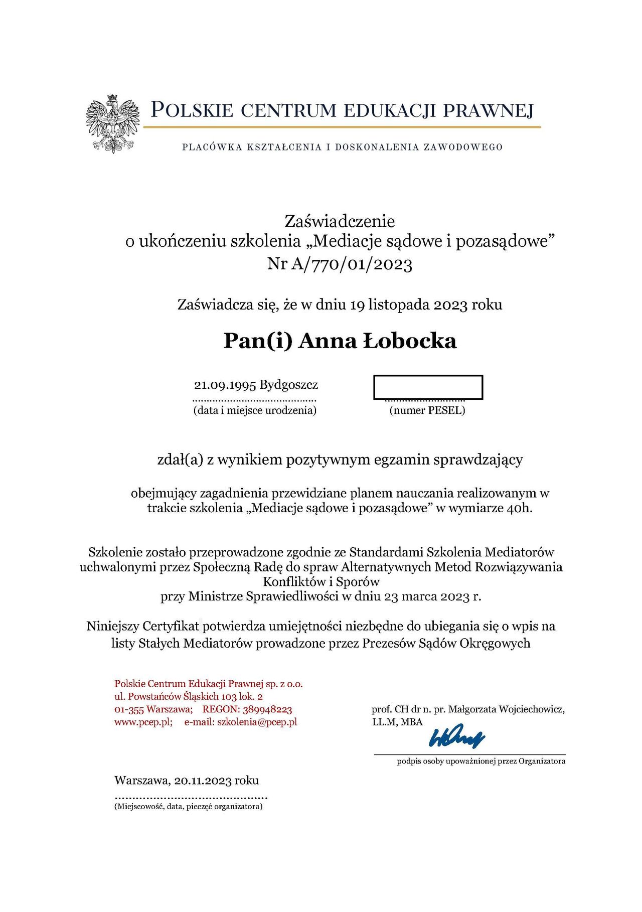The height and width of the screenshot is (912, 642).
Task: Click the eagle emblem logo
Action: pyautogui.click(x=112, y=123)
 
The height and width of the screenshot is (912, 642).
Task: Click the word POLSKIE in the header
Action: pyautogui.click(x=192, y=110)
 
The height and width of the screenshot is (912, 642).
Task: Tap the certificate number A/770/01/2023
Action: pyautogui.click(x=351, y=264)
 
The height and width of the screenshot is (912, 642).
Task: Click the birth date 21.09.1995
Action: pyautogui.click(x=225, y=385)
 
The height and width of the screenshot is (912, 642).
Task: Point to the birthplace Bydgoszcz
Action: pyautogui.click(x=289, y=385)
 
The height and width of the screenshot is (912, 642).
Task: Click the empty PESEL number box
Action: pyautogui.click(x=428, y=387)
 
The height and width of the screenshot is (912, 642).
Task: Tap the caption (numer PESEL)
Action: pyautogui.click(x=427, y=410)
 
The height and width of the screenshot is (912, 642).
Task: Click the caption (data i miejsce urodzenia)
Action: pyautogui.click(x=255, y=410)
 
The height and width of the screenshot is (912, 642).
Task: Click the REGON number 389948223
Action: pyautogui.click(x=267, y=709)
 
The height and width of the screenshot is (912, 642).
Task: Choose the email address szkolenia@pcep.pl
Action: pyautogui.click(x=257, y=722)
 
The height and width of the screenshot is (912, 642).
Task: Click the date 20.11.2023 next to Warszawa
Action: pyautogui.click(x=203, y=781)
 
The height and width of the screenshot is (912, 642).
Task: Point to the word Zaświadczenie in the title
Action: pyautogui.click(x=340, y=221)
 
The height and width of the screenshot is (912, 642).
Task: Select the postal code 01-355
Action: pyautogui.click(x=129, y=709)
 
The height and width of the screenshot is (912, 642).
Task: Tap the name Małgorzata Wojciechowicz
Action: pyautogui.click(x=506, y=709)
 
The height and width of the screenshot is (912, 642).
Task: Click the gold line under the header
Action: pyautogui.click(x=342, y=127)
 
